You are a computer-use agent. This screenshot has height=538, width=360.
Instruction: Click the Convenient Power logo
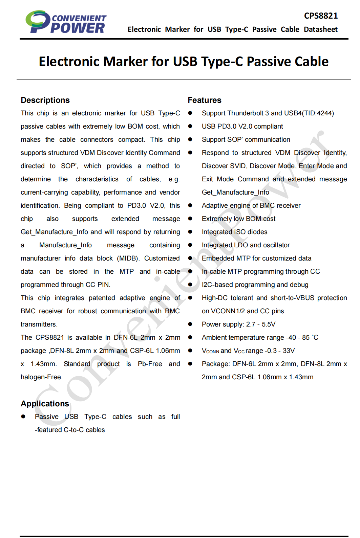pyautogui.click(x=66, y=22)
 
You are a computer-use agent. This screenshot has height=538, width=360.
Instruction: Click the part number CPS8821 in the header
pyautogui.click(x=321, y=16)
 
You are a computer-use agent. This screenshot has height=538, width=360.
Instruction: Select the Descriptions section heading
pyautogui.click(x=45, y=100)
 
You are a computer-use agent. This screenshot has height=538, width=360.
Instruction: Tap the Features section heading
pyautogui.click(x=204, y=100)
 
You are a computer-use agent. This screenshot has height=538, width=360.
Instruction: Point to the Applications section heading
pyautogui.click(x=45, y=404)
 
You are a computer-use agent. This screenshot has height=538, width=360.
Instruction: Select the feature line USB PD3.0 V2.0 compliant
pyautogui.click(x=242, y=126)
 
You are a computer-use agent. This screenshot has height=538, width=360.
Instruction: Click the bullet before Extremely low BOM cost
pyautogui.click(x=190, y=219)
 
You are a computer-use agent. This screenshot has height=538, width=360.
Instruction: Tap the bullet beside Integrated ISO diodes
pyautogui.click(x=190, y=232)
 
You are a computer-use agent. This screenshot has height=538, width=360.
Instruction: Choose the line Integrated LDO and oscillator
pyautogui.click(x=246, y=245)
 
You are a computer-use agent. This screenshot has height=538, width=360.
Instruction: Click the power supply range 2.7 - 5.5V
pyautogui.click(x=261, y=324)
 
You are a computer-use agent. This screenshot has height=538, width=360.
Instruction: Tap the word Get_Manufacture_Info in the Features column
pyautogui.click(x=235, y=192)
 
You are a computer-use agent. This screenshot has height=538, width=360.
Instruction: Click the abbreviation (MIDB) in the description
pyautogui.click(x=128, y=258)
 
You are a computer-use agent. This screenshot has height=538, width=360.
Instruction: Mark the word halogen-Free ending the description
pyautogui.click(x=41, y=377)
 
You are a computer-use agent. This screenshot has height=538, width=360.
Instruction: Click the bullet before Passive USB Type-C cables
pyautogui.click(x=23, y=417)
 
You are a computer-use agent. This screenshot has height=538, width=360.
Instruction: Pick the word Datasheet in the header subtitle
pyautogui.click(x=320, y=29)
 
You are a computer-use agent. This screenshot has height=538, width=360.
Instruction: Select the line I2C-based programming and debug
pyautogui.click(x=255, y=285)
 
